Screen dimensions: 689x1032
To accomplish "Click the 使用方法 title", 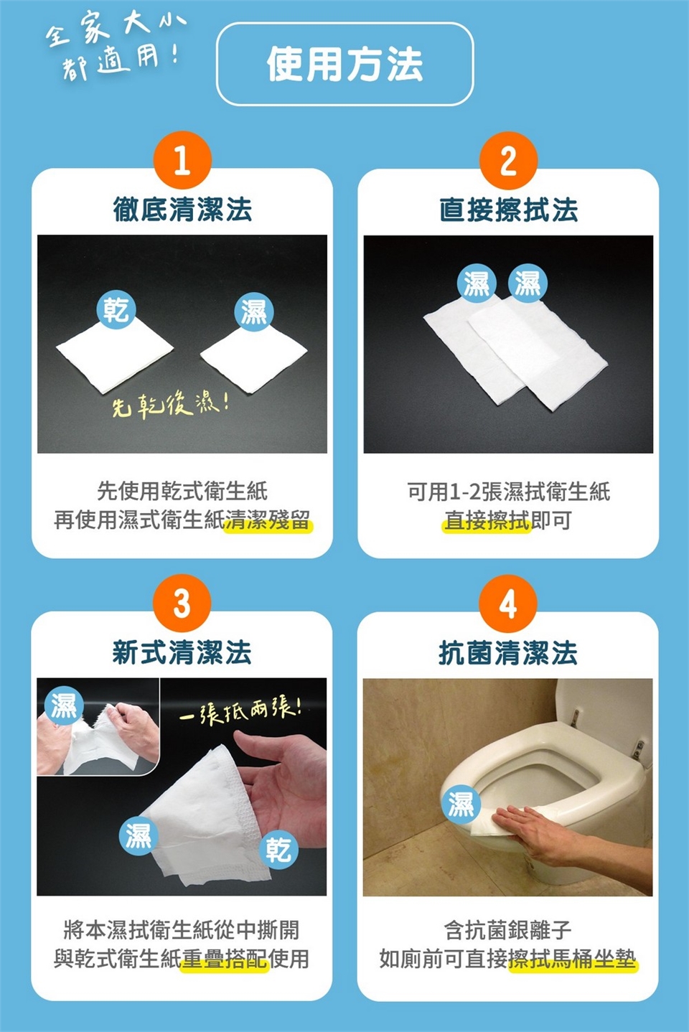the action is pyautogui.click(x=344, y=64).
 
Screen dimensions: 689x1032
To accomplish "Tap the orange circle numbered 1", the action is pyautogui.click(x=182, y=161).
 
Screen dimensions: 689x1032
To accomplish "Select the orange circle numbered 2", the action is pyautogui.click(x=508, y=161).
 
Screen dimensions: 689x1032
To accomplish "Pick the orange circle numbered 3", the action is pyautogui.click(x=182, y=603).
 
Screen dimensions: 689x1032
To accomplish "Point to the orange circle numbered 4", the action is pyautogui.click(x=508, y=603).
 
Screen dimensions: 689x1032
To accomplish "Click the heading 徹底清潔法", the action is pyautogui.click(x=182, y=210).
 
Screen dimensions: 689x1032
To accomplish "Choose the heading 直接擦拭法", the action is pyautogui.click(x=508, y=210).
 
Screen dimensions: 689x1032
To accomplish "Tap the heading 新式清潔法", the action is pyautogui.click(x=182, y=652).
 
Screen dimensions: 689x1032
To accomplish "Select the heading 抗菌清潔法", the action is pyautogui.click(x=508, y=652).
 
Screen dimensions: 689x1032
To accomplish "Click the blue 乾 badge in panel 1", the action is pyautogui.click(x=116, y=309).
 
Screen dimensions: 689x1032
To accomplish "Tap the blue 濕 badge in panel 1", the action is pyautogui.click(x=254, y=312).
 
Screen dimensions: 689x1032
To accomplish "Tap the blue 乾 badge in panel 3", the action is pyautogui.click(x=278, y=850).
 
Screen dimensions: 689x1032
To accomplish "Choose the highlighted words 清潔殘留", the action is pyautogui.click(x=267, y=520).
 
